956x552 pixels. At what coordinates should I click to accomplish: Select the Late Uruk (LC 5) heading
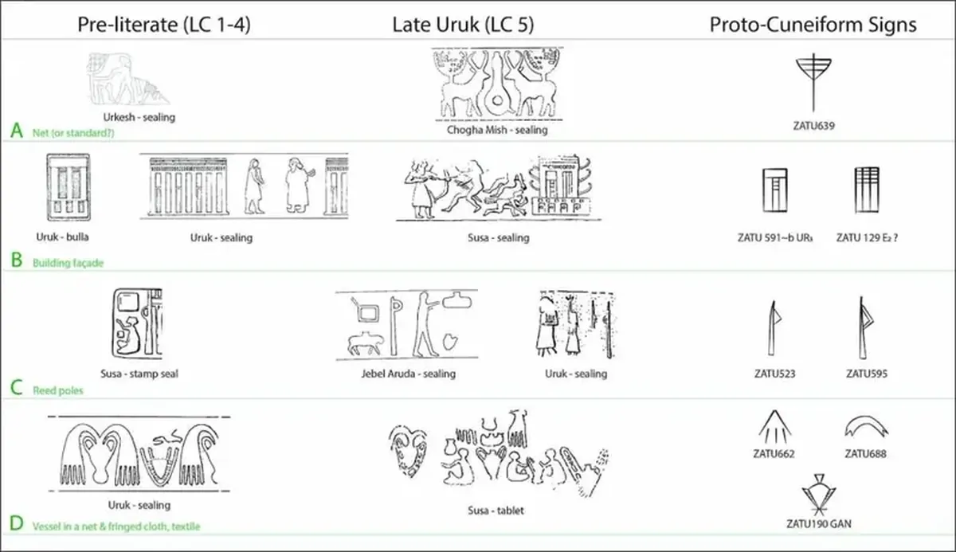point(463,24)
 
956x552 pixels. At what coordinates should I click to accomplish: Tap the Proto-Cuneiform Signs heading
point(813,24)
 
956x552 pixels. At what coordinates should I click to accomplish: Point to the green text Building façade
point(68,263)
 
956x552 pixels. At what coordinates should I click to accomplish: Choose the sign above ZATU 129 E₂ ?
point(867,190)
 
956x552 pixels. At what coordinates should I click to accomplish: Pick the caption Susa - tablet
point(496,510)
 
